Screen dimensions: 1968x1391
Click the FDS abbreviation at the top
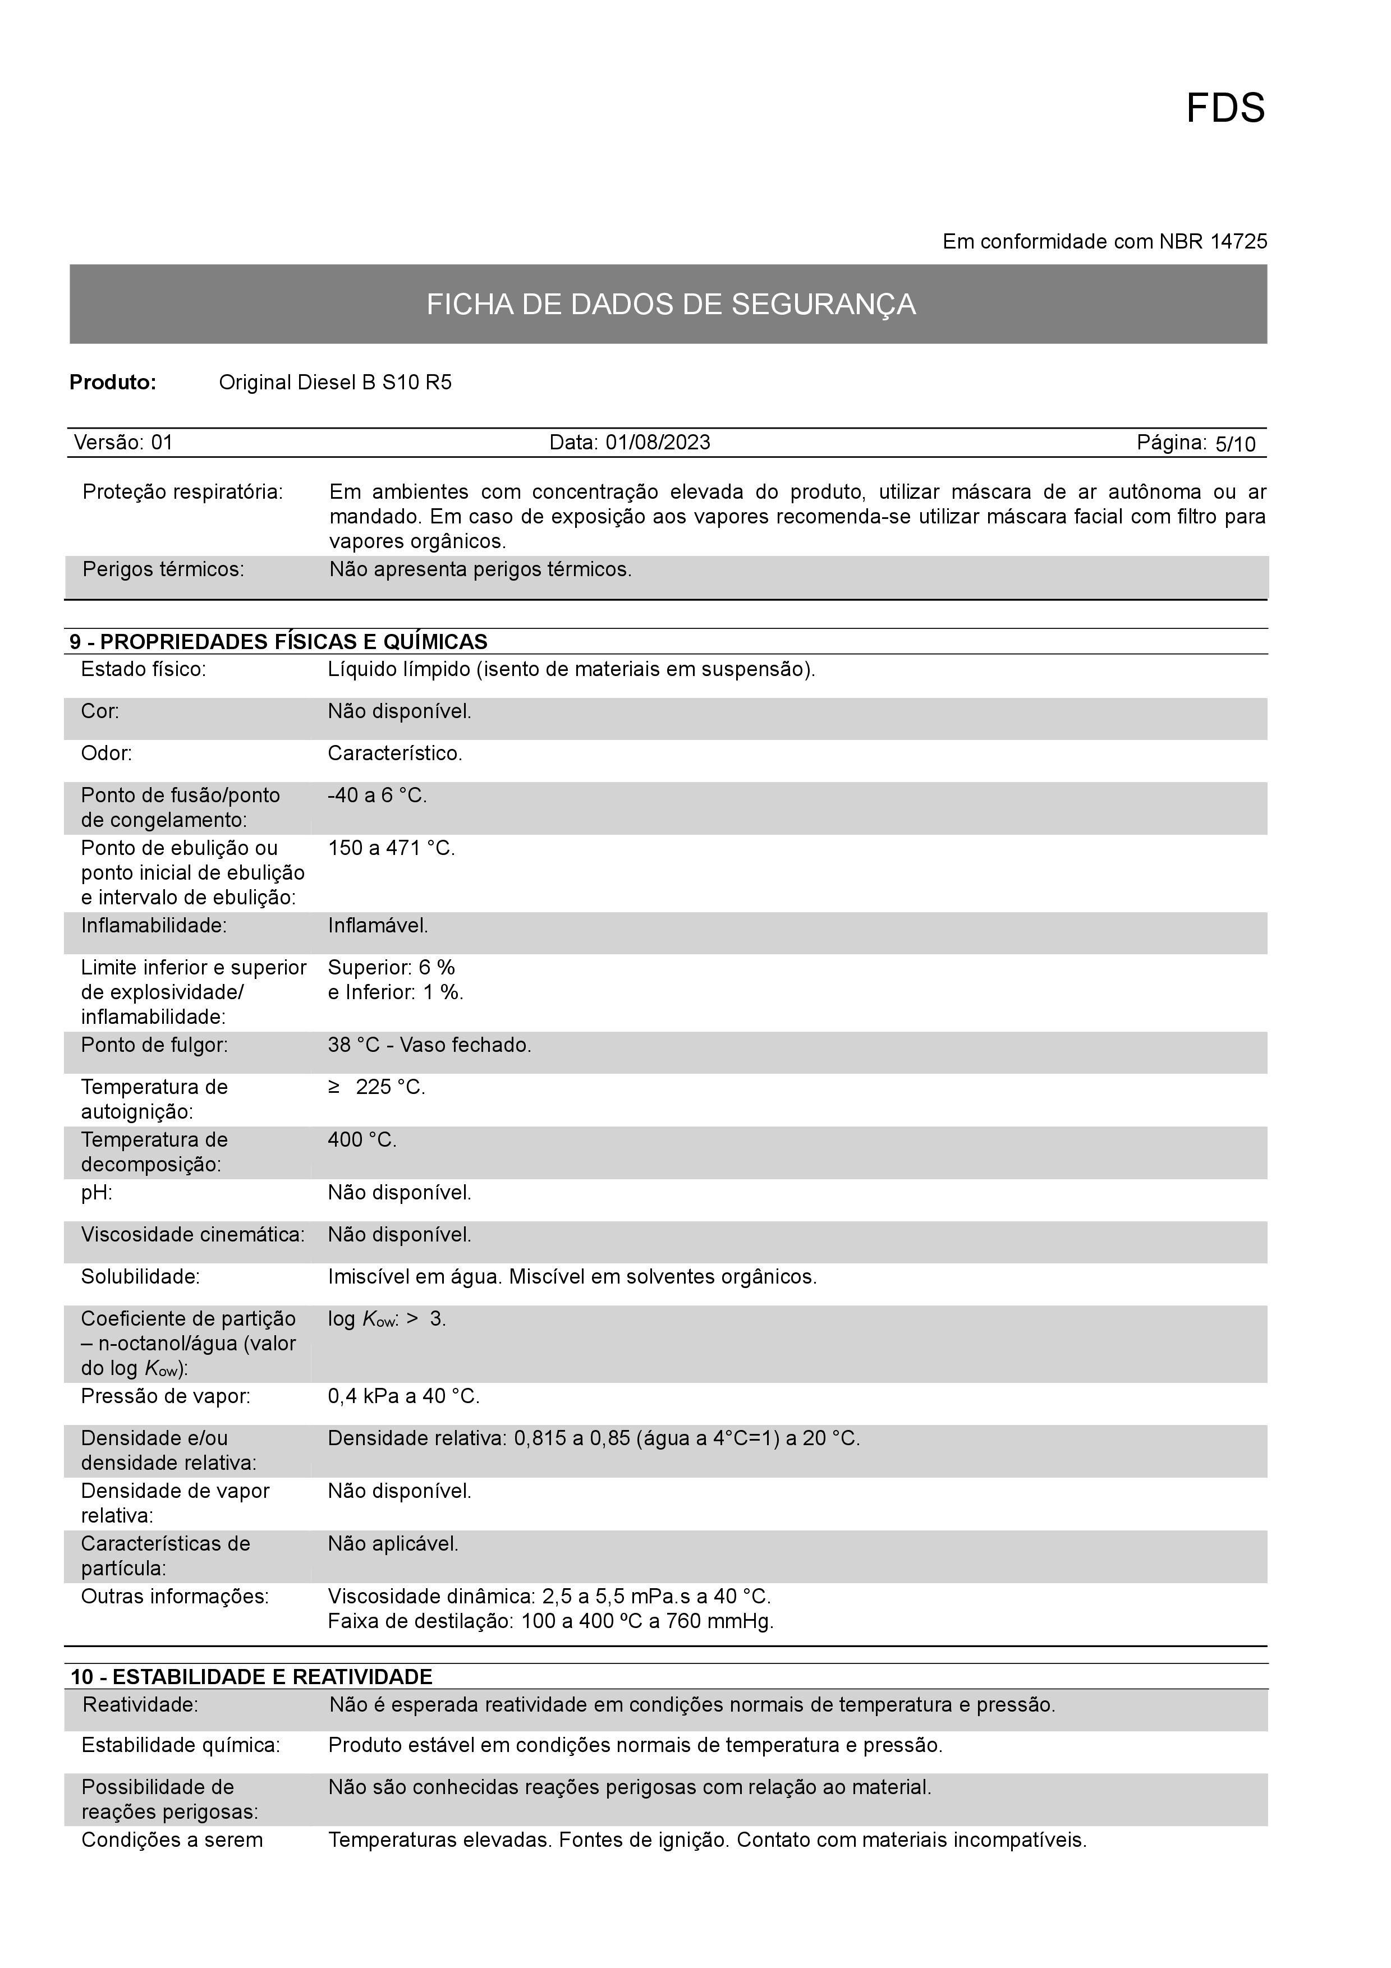coord(1225,109)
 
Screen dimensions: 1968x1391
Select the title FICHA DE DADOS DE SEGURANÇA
coord(671,304)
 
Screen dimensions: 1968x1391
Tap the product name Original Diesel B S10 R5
coord(335,382)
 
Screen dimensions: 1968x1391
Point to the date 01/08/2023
coord(658,442)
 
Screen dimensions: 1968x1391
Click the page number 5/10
coord(1235,444)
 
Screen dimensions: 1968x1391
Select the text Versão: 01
coord(123,442)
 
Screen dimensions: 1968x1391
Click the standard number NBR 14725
coord(1213,242)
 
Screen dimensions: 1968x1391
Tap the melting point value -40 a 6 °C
coord(377,796)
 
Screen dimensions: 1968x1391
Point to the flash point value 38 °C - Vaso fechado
coord(429,1045)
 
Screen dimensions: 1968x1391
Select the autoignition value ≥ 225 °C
coord(377,1087)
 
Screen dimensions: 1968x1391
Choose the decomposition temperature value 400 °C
coord(362,1140)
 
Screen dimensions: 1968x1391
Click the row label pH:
coord(97,1192)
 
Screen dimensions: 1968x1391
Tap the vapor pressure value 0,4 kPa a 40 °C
coord(403,1396)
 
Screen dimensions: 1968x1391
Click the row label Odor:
coord(106,753)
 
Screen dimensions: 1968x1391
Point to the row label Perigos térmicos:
coord(163,569)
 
